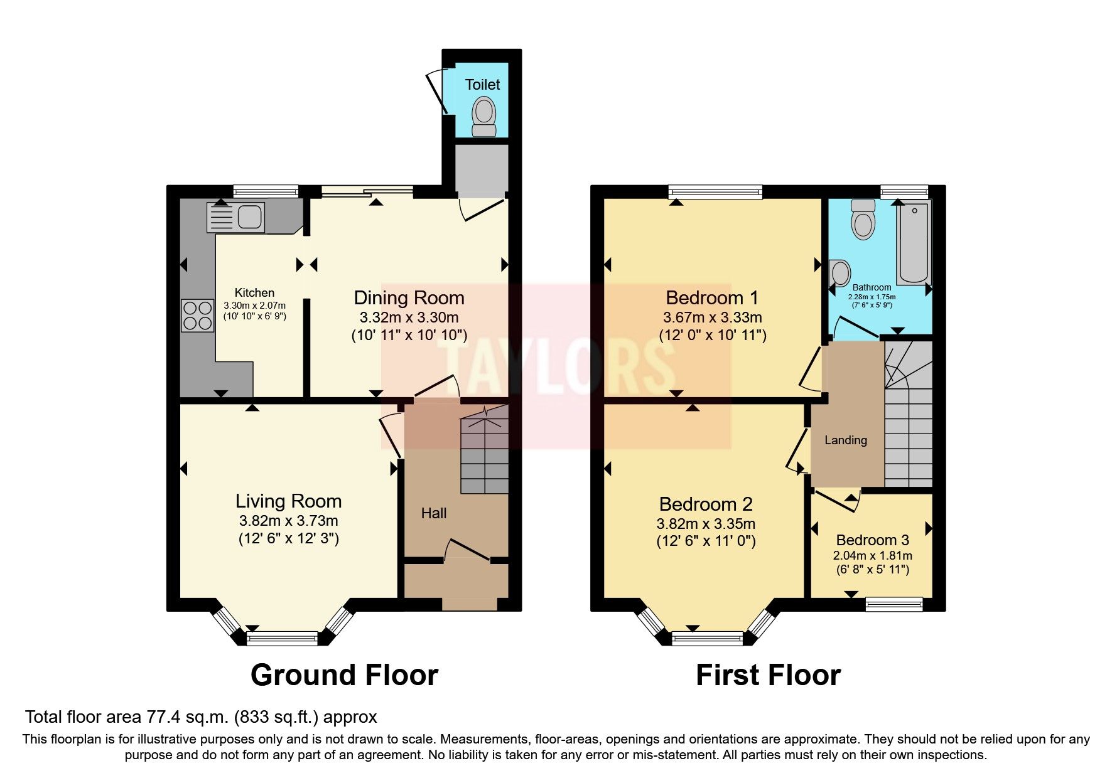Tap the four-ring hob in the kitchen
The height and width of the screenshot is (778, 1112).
point(197,316)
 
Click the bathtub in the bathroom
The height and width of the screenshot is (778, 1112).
point(914,243)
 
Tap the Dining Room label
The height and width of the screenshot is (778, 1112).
point(409,297)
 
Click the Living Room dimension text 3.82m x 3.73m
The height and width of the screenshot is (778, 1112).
point(288,520)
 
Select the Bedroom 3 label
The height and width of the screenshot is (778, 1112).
point(872,540)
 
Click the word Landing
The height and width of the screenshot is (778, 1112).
point(845,440)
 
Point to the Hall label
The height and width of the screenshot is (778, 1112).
point(433,513)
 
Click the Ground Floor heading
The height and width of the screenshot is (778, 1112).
point(344,675)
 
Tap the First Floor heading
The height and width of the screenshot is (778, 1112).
point(767,675)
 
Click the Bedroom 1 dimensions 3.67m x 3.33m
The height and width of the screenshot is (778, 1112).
point(712,317)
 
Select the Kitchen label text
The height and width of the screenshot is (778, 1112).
point(254,292)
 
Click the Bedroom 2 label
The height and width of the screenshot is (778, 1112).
point(705,504)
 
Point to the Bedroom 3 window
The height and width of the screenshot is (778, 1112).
point(894,604)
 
